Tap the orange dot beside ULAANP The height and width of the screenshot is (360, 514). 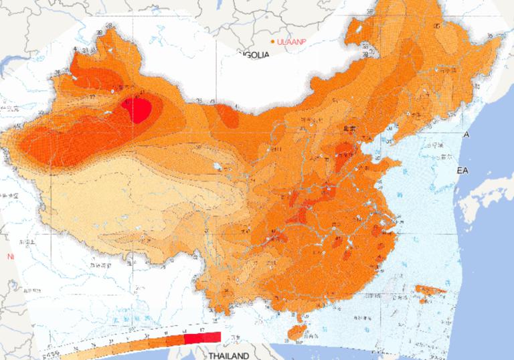coord(272,42)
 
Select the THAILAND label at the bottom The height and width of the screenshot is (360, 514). coord(229,355)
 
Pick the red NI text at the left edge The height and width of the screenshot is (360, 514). coord(10,256)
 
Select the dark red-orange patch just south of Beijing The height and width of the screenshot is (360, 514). coord(345,151)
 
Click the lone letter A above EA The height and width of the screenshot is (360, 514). coord(466,135)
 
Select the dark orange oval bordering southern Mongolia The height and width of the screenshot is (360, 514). coord(228,118)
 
